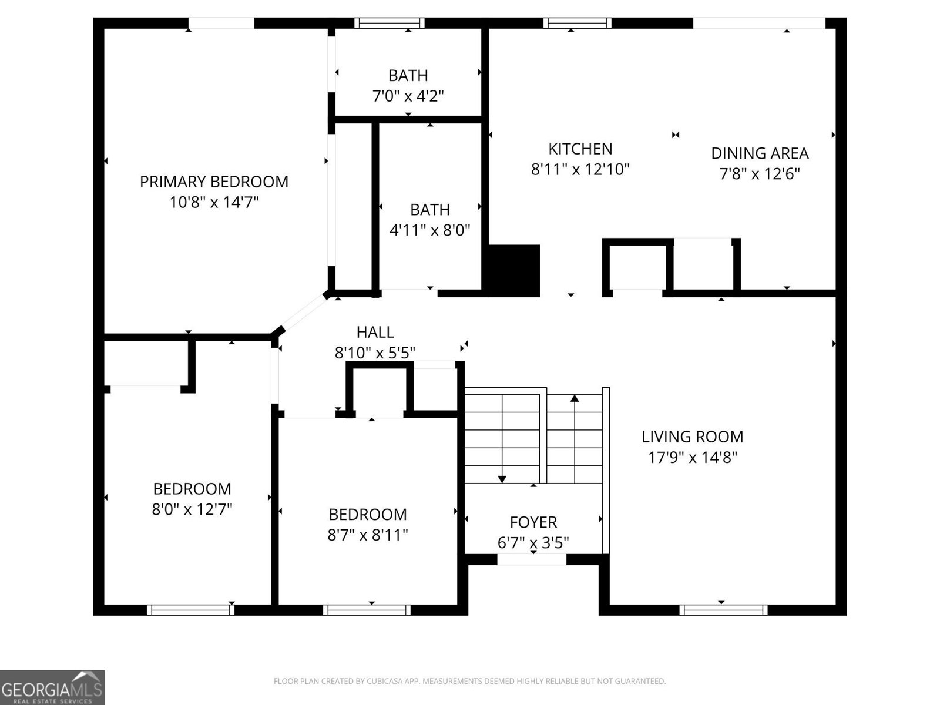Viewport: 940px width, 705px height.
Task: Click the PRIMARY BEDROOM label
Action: (214, 182)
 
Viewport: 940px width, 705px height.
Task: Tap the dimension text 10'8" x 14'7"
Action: (214, 203)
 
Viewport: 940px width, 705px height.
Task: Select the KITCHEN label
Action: (580, 149)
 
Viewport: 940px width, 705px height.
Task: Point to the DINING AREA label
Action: (760, 153)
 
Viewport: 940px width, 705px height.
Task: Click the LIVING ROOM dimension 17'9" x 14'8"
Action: (692, 458)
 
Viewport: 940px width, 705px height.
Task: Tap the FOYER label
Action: (533, 522)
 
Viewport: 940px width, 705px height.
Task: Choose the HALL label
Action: (375, 333)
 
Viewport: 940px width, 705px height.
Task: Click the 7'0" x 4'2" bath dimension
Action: (408, 96)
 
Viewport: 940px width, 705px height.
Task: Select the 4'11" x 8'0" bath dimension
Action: (430, 230)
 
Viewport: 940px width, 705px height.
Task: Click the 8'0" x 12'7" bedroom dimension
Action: (192, 509)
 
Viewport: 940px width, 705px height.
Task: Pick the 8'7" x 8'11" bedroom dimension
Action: (367, 535)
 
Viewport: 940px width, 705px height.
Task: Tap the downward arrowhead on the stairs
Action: (502, 479)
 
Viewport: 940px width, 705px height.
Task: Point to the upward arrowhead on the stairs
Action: (575, 398)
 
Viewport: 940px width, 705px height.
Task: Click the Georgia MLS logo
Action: (52, 687)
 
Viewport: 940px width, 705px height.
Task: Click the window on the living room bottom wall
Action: (723, 610)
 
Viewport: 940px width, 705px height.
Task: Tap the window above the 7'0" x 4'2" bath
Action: (389, 23)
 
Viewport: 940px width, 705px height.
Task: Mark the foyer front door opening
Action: (532, 559)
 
